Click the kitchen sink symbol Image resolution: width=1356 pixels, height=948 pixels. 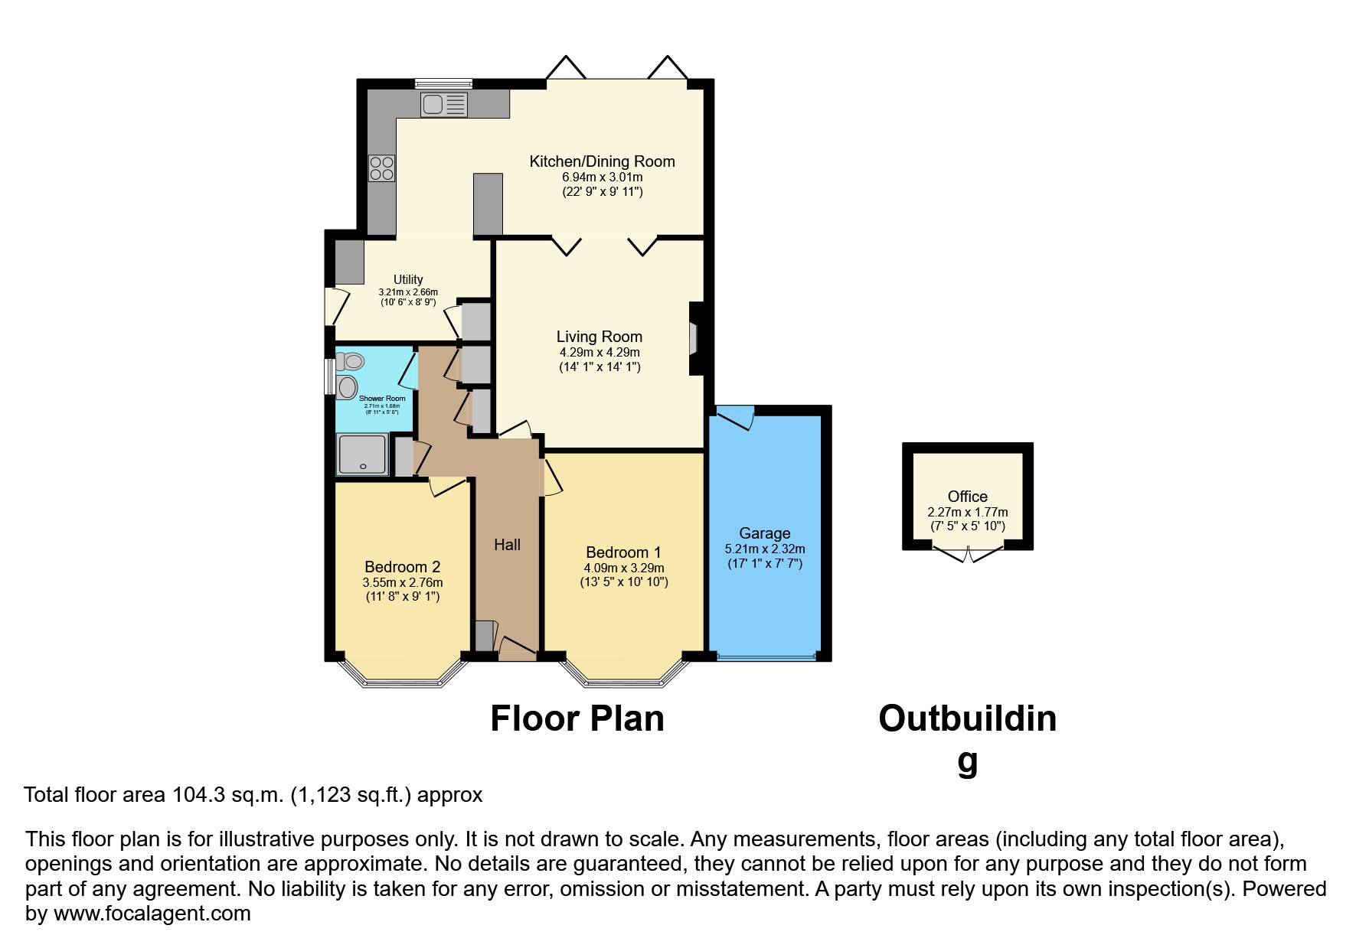click(x=443, y=105)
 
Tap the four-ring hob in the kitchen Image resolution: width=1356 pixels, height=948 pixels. click(x=381, y=168)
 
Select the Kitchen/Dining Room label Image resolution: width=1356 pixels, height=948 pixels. click(x=602, y=161)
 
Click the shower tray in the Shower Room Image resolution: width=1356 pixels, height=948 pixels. click(x=362, y=454)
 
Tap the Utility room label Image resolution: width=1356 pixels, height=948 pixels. click(x=408, y=279)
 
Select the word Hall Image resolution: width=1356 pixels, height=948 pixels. click(x=507, y=545)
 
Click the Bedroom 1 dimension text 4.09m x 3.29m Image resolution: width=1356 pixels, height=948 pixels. click(x=624, y=568)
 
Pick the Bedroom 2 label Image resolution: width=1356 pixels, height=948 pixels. click(x=402, y=567)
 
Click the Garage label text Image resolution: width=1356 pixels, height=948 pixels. click(x=764, y=533)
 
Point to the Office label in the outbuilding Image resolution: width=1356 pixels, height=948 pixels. click(x=967, y=496)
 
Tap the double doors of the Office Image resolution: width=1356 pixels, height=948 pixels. click(x=968, y=554)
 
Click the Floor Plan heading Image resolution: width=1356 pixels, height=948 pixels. click(x=577, y=719)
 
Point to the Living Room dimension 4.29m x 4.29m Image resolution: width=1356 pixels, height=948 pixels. click(x=599, y=353)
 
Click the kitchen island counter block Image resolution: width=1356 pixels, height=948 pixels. click(x=488, y=204)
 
